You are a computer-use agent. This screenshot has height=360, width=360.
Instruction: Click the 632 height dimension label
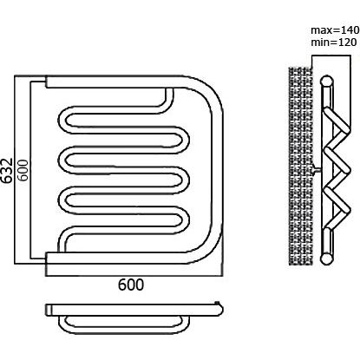(6, 171)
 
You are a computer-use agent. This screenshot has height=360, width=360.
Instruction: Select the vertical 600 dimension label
(23, 170)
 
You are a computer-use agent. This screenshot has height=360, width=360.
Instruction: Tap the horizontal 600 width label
(131, 285)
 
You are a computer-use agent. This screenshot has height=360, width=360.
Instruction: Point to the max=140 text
(335, 29)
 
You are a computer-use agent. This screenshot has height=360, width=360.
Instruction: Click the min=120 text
(333, 43)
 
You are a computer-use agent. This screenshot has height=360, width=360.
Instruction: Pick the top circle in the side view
(327, 82)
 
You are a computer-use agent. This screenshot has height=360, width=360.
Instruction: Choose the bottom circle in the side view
(327, 259)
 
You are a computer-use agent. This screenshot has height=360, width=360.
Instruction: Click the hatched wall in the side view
(300, 166)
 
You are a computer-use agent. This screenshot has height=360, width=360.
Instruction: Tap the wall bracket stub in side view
(317, 170)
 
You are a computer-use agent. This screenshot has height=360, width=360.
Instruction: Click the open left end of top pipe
(46, 82)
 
